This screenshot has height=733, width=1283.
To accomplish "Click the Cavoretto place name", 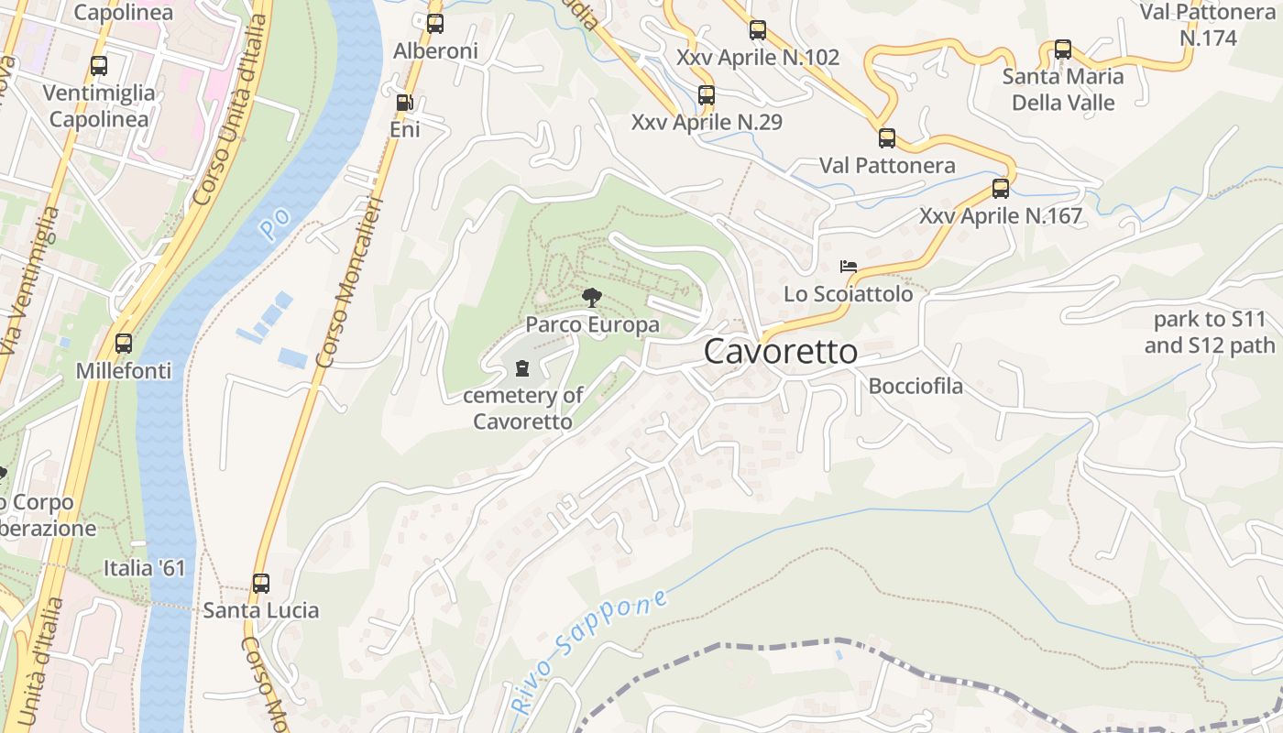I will (781, 352).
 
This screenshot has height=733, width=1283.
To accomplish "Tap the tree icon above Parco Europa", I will (592, 297).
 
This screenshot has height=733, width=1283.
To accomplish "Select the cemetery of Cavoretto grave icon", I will (522, 369).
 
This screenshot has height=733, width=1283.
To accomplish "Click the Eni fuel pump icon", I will (404, 103).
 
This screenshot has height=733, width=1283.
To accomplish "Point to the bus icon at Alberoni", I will (435, 24).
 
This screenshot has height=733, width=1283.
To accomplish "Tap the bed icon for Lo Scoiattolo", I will (849, 268).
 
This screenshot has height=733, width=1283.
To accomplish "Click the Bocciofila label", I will (916, 386).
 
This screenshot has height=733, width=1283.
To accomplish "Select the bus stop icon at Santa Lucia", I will (261, 583).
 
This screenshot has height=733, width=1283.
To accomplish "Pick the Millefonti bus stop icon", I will (124, 344).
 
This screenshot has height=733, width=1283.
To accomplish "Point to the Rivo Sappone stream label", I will (588, 652).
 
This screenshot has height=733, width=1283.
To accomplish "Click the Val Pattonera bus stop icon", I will (887, 138).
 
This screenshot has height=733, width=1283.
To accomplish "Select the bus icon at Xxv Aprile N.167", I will (1001, 189).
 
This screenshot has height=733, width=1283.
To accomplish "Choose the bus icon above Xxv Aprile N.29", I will (707, 94).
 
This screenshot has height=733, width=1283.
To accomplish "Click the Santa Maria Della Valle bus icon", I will (1063, 49).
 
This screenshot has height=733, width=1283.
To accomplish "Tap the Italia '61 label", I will (144, 568).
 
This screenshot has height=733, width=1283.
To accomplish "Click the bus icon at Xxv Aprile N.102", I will (758, 30).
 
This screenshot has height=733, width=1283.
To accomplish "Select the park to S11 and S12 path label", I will (1209, 333).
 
